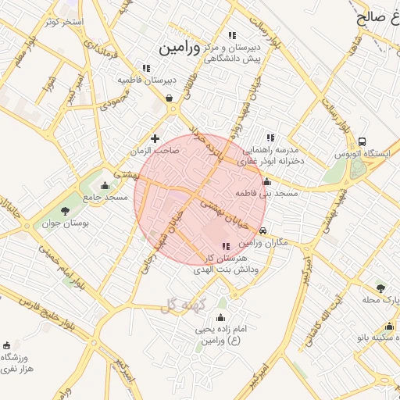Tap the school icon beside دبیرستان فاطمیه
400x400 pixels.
pyautogui.click(x=146, y=68)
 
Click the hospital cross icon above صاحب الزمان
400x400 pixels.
pyautogui.click(x=155, y=138)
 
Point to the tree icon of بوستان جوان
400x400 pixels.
pyautogui.click(x=65, y=209)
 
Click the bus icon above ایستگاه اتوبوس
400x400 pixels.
pyautogui.click(x=362, y=141)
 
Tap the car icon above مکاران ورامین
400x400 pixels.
pyautogui.click(x=264, y=230)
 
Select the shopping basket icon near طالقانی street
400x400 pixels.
pyautogui.click(x=170, y=98)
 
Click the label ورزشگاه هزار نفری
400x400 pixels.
pyautogui.click(x=17, y=362)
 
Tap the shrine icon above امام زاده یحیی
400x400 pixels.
pyautogui.click(x=220, y=317)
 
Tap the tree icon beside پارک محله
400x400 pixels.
pyautogui.click(x=381, y=288)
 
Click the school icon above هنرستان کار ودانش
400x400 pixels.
pyautogui.click(x=226, y=246)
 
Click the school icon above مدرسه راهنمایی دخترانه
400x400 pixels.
pyautogui.click(x=270, y=137)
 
